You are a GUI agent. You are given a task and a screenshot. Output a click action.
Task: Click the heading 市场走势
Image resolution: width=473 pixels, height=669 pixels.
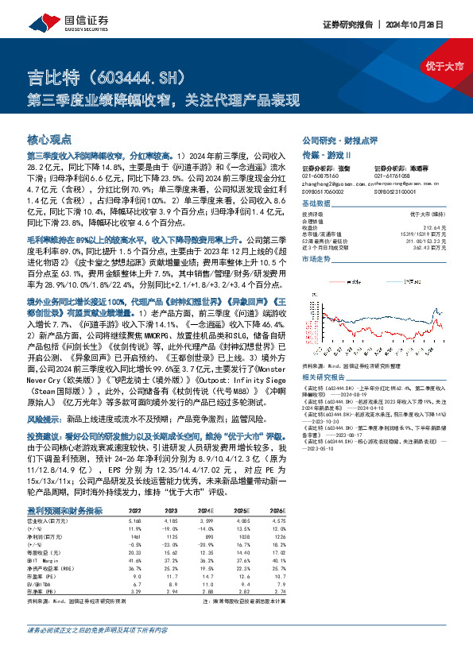[x=316, y=259]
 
